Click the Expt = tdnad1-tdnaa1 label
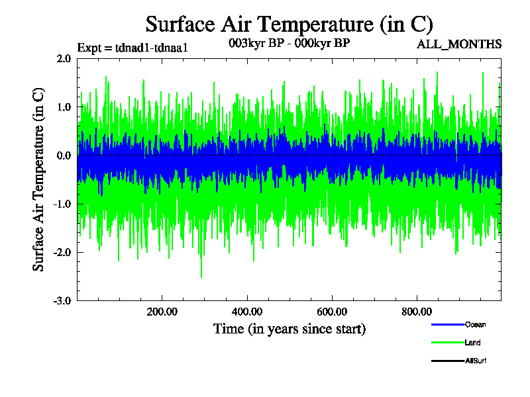coord(133,48)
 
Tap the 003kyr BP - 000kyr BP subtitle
coord(288,44)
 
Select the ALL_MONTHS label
coord(458,44)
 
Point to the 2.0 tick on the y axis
coord(64,58)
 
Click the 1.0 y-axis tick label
coord(64,107)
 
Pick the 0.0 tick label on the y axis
coord(64,155)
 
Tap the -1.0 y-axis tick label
coord(62,204)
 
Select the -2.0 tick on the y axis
coord(62,252)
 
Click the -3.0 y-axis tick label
coord(62,300)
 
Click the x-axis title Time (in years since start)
coord(289,329)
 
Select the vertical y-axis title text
coord(39,179)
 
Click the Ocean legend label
coord(474,324)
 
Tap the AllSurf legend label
coord(476,361)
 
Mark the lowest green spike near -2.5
coord(201,276)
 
